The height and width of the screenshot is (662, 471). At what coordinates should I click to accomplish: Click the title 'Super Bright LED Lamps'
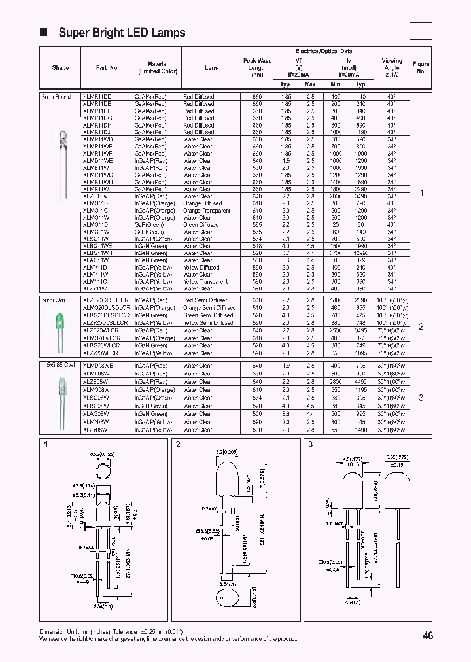click(122, 33)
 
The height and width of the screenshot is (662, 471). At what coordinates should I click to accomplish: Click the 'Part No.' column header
click(107, 67)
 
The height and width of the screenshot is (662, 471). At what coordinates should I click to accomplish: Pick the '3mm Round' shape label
click(56, 96)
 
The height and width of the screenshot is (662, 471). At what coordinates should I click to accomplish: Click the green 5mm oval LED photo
click(58, 320)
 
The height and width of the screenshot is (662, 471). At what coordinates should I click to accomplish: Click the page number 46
click(428, 635)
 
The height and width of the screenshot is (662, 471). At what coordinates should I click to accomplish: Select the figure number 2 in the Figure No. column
click(421, 326)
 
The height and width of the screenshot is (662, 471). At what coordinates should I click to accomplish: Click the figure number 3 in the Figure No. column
click(421, 398)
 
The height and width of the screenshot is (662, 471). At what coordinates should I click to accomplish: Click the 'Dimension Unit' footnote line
click(112, 631)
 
